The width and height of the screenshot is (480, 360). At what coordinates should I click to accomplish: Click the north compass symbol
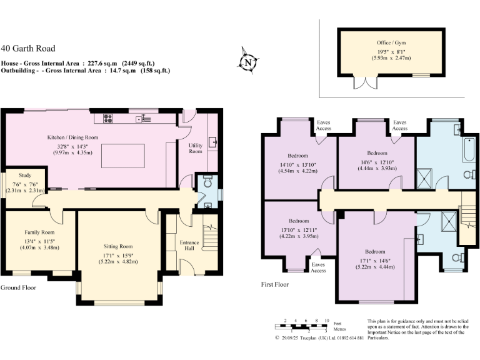point(248,62)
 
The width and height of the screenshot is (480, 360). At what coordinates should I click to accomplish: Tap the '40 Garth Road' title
point(28,48)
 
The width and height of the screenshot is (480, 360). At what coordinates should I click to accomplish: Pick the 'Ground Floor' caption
point(18,288)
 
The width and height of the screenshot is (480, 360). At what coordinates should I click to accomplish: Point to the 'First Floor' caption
point(274,284)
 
